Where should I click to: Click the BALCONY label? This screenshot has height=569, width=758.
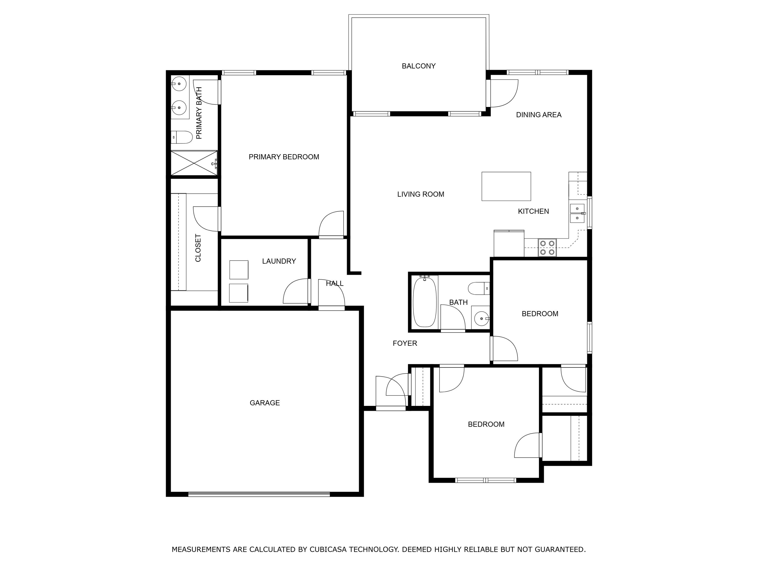(418, 66)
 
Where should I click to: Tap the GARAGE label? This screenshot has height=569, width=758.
(265, 403)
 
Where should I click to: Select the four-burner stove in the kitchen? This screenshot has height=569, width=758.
(547, 248)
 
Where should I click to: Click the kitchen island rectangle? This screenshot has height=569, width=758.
(506, 186)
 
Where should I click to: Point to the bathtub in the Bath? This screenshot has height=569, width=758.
(424, 302)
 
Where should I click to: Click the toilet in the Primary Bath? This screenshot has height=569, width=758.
(182, 137)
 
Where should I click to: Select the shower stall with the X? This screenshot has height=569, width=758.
(194, 163)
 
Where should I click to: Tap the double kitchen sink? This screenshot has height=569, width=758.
(577, 213)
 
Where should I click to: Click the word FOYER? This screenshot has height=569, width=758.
(405, 343)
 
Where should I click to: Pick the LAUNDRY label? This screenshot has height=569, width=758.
(279, 261)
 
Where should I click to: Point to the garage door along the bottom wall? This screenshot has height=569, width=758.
(259, 494)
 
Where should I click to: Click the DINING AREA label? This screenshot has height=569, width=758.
(538, 115)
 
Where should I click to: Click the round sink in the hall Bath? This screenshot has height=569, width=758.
(481, 319)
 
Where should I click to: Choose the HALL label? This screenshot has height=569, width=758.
(335, 283)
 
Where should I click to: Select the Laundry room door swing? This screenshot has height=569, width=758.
(296, 292)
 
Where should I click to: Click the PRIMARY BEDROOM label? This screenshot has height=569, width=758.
(284, 157)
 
